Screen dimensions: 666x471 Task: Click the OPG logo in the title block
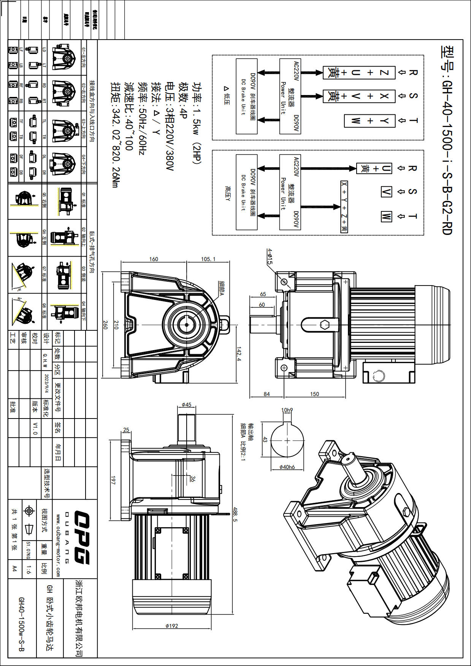click(x=81, y=538)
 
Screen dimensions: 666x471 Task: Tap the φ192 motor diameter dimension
click(x=172, y=626)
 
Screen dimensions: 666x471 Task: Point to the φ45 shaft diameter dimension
click(x=186, y=405)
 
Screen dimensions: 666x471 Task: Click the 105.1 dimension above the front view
click(x=208, y=259)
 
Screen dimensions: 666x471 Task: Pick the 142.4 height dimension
click(x=239, y=354)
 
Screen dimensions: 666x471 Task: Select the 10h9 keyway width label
click(x=287, y=410)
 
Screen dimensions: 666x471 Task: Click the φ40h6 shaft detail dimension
click(x=287, y=467)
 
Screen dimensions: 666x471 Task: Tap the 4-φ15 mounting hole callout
click(x=270, y=256)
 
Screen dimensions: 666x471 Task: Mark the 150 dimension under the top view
click(x=314, y=394)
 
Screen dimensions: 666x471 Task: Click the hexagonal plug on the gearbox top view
click(x=325, y=325)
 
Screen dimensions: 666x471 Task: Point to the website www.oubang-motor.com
click(x=58, y=545)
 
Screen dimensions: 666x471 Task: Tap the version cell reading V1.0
click(x=35, y=428)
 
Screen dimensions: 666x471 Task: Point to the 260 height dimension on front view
click(x=105, y=325)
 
